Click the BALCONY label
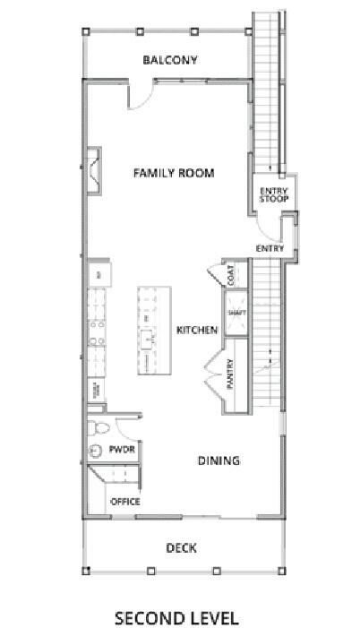pos(169,61)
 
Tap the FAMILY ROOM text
pos(174,173)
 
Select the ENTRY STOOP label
pos(272,194)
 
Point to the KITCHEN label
pos(197,331)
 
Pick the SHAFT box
pos(236,314)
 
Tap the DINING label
pos(219,460)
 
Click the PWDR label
pos(122,449)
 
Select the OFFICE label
pos(124,502)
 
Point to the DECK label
pos(181,547)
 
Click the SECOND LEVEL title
pos(176,617)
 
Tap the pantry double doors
pos(213,370)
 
